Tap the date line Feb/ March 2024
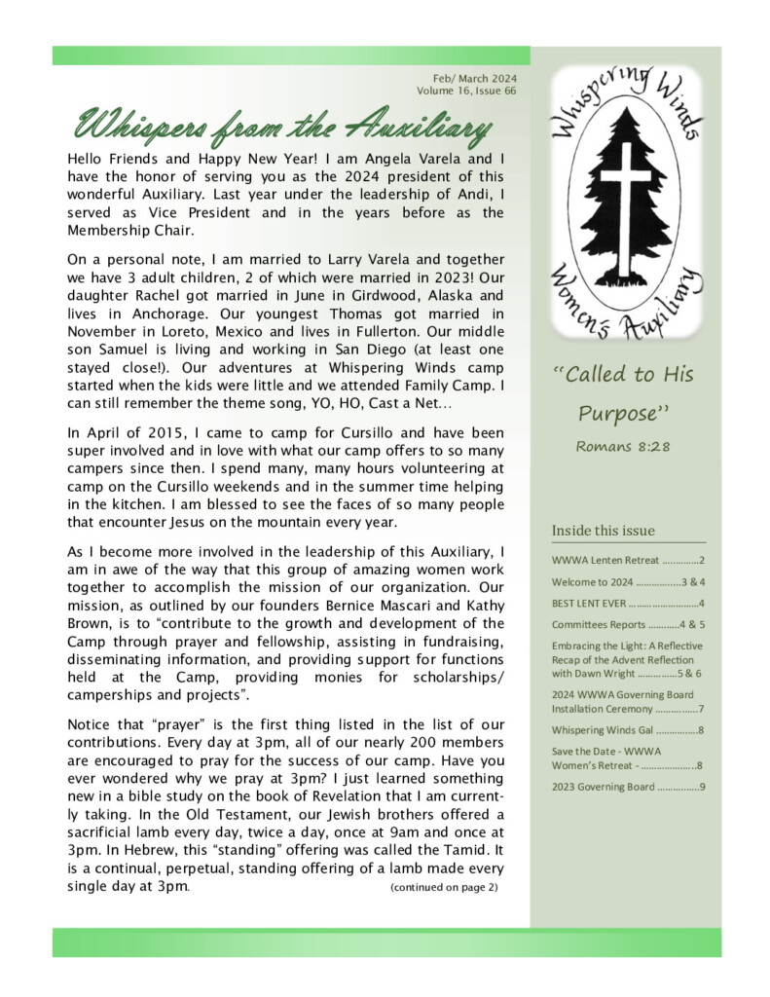[x=474, y=78]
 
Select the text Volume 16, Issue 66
[x=466, y=91]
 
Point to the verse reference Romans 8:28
[x=624, y=447]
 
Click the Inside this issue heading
[x=603, y=531]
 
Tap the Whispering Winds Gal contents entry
[x=627, y=729]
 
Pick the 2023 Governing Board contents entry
[x=627, y=786]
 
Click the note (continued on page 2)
[x=443, y=887]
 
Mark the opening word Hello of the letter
[x=87, y=158]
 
